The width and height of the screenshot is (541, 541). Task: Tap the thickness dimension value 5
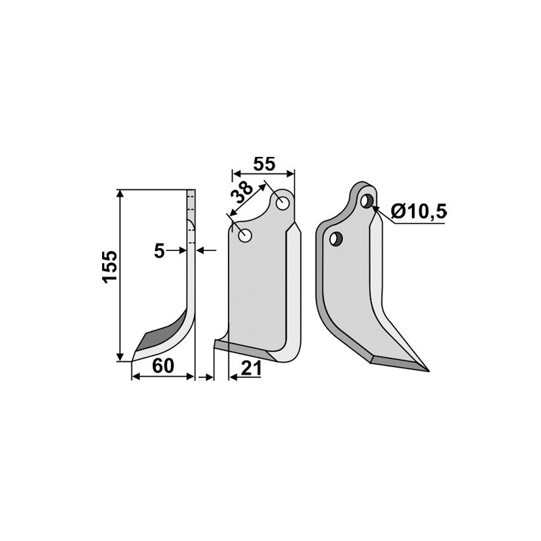point(160,251)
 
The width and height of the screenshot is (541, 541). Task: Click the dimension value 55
point(264,164)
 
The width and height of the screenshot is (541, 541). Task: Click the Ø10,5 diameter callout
point(419,212)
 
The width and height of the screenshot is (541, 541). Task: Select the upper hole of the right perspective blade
point(367,201)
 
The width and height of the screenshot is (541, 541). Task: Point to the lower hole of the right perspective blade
point(334,238)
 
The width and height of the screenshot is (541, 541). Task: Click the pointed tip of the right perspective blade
point(426,370)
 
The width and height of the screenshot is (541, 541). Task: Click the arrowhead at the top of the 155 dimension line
point(121,193)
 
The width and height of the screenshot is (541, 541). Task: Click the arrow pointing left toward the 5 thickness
point(202,251)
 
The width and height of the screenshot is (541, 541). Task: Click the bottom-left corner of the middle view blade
point(215,346)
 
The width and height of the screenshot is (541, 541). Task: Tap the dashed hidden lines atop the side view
point(191,203)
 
